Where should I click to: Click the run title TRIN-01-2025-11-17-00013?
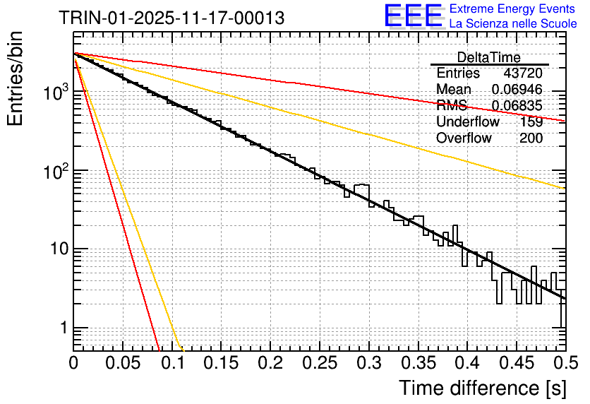tap(172, 18)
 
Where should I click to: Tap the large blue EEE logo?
tap(413, 16)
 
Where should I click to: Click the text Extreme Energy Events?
tap(512, 9)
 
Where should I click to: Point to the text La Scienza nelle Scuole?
tap(512, 24)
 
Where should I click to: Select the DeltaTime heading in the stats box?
tap(488, 57)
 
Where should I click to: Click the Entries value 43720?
tap(522, 73)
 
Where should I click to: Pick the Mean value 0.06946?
tap(517, 90)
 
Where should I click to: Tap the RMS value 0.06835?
tap(517, 106)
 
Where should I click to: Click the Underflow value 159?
tap(531, 122)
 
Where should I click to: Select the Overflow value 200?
tap(531, 138)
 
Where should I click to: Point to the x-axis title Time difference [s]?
tap(481, 388)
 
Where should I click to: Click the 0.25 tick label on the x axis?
tap(320, 364)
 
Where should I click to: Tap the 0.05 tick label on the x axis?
tap(123, 364)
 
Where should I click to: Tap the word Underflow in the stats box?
tap(467, 122)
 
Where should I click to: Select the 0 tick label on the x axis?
tap(73, 364)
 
